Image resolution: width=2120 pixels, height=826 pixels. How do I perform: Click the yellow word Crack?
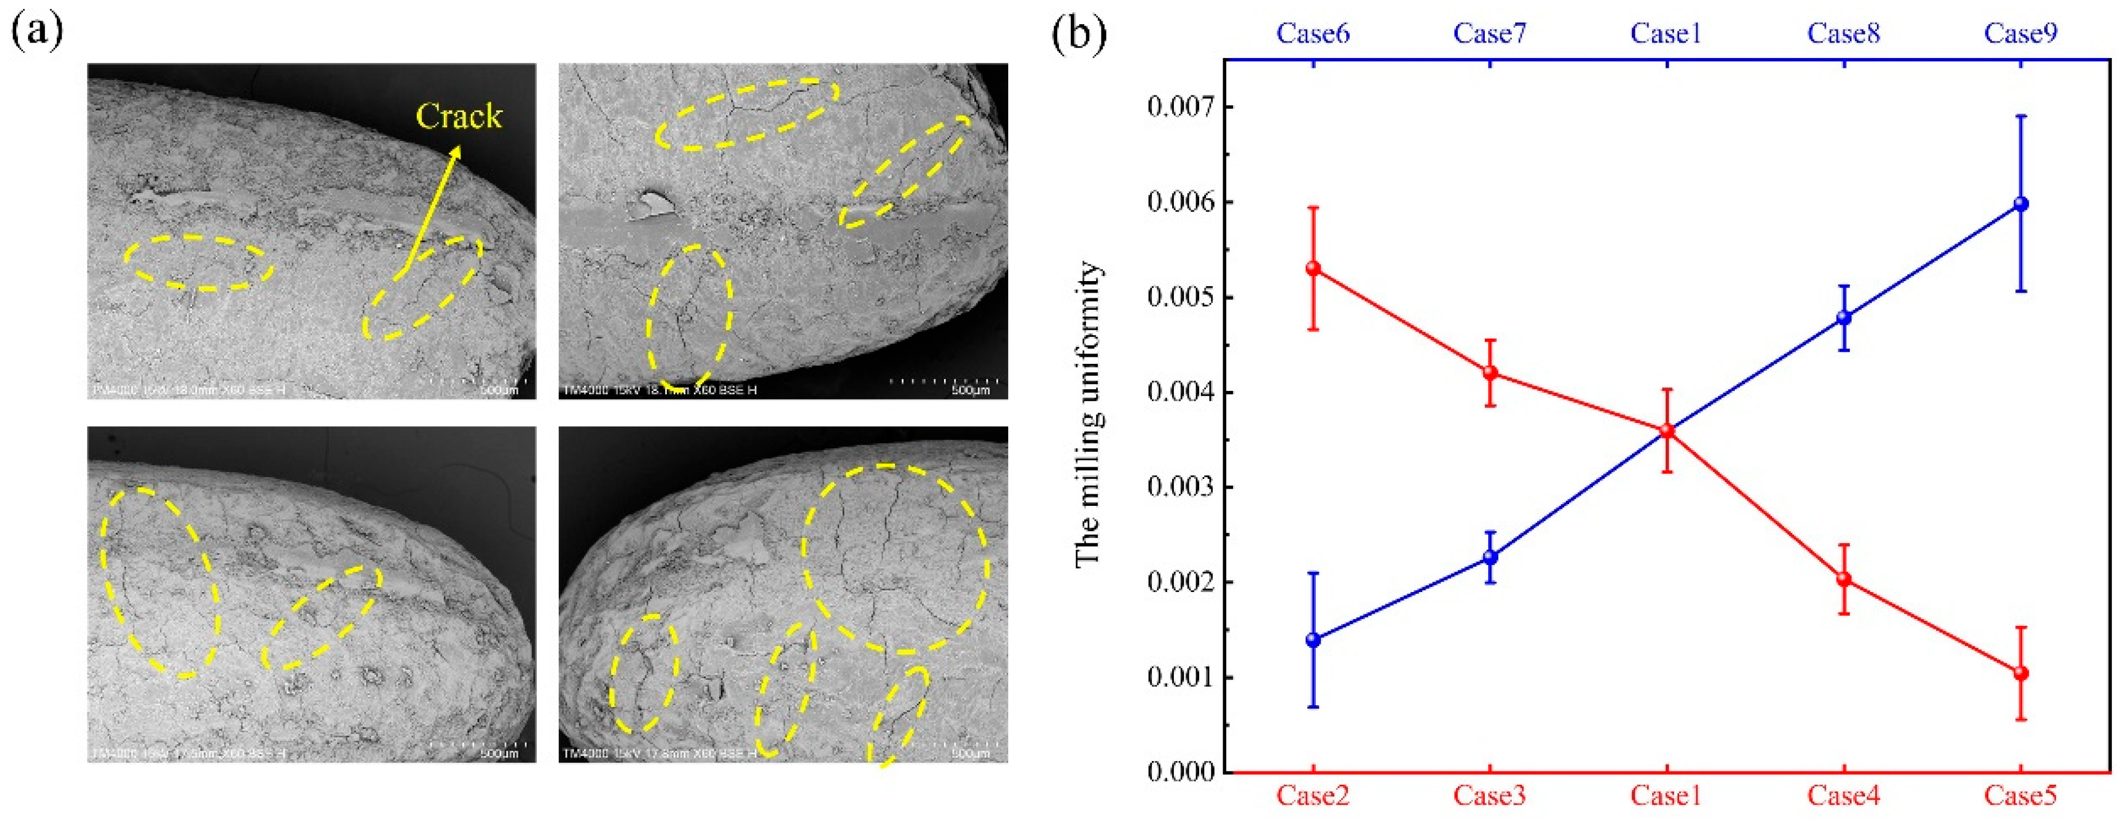(x=458, y=116)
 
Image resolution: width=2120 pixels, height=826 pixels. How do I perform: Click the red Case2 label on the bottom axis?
(x=1313, y=796)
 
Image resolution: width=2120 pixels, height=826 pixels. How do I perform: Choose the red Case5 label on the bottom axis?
(x=2021, y=796)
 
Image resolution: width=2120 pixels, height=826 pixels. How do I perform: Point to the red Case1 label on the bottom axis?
(x=1666, y=796)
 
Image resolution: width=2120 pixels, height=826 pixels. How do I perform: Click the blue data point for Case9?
(x=2021, y=204)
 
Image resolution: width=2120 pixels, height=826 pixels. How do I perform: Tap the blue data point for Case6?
(x=1313, y=639)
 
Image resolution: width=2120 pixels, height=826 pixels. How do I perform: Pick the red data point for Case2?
(x=1313, y=268)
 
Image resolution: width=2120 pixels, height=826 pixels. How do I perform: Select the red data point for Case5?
(x=2021, y=673)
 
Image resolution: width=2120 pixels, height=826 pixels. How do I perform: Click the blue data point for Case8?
(x=1844, y=317)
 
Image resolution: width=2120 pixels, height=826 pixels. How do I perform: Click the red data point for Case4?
(x=1844, y=579)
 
